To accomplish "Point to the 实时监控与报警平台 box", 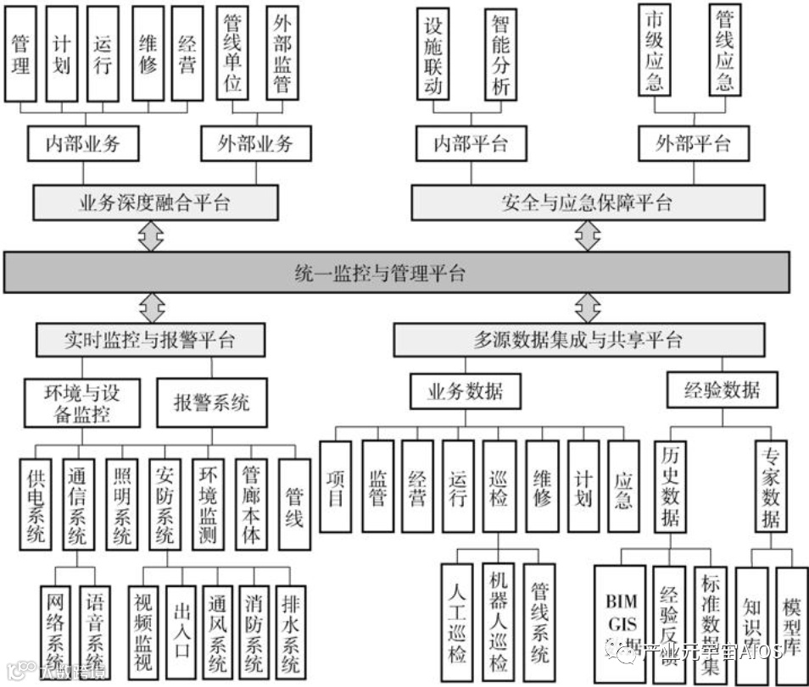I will click(150, 341).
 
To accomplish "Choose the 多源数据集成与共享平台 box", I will click(578, 341).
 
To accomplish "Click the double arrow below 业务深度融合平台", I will click(152, 237).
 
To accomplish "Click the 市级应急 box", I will click(654, 50).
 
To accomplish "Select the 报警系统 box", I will click(212, 402).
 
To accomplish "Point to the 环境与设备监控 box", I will click(81, 402).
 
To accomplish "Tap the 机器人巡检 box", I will click(499, 623).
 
